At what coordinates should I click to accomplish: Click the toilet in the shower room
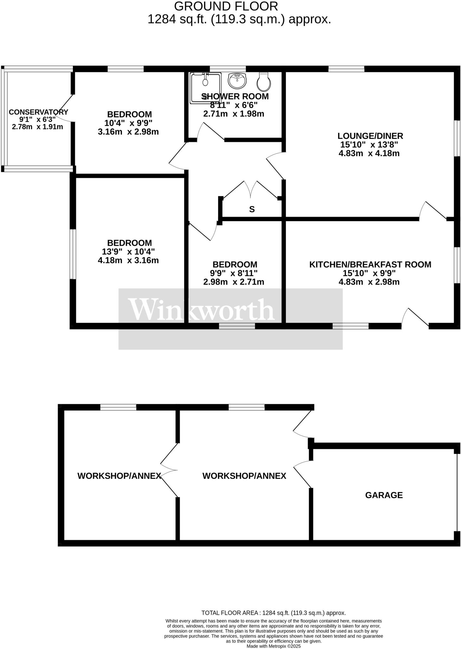tap(263, 81)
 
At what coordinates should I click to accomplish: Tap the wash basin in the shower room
tap(237, 80)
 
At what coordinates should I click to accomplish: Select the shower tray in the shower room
tap(205, 88)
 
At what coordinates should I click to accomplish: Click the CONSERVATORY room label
tap(38, 112)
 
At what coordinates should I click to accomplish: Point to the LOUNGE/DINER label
tap(370, 136)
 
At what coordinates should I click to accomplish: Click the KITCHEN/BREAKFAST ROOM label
tap(370, 264)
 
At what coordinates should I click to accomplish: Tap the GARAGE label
tap(384, 495)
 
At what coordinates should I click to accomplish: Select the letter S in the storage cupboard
tap(252, 209)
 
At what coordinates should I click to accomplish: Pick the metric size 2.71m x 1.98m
tap(234, 114)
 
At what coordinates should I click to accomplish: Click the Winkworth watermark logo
tap(202, 310)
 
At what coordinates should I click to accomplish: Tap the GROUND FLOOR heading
tap(226, 6)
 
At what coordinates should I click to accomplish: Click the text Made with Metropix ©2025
tap(273, 646)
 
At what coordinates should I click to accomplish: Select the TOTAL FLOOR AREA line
tap(273, 613)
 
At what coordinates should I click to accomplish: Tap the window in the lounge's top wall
tap(346, 69)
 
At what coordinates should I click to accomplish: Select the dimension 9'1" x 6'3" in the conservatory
tap(37, 119)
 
